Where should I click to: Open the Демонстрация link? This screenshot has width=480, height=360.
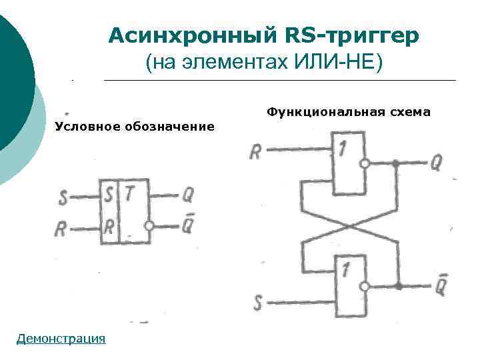pos(61,339)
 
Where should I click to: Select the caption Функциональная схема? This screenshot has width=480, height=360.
pos(349,111)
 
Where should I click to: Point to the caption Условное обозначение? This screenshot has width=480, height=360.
pos(135,126)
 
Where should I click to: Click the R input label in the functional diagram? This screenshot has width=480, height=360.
pos(255,152)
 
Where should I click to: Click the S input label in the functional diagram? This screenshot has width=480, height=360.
pos(258,304)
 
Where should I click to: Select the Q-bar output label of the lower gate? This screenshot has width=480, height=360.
pos(441,286)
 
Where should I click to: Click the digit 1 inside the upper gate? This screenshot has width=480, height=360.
pos(341,149)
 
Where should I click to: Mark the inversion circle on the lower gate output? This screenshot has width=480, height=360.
pos(364,287)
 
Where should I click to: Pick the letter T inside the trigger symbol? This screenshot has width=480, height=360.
pos(130,195)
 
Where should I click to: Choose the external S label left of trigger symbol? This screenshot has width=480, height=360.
pos(62,197)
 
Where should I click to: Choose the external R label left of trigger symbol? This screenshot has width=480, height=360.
pos(61,229)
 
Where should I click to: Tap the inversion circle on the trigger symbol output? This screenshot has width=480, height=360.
pos(149,227)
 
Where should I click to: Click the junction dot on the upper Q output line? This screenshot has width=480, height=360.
pos(395,163)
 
